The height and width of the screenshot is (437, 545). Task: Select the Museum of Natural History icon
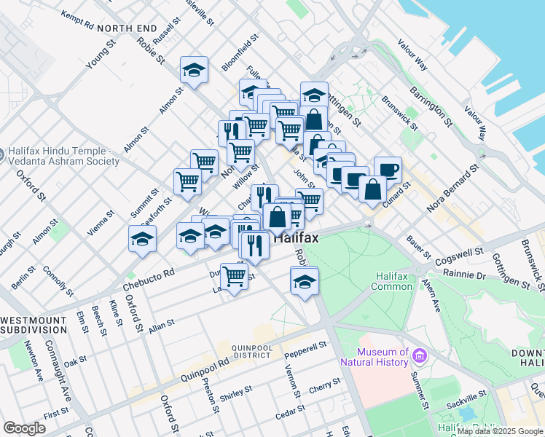(419, 355)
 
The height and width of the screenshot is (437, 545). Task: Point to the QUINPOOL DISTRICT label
(252, 353)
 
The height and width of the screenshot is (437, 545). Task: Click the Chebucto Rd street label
(149, 280)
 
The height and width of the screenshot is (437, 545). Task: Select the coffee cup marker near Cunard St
(388, 169)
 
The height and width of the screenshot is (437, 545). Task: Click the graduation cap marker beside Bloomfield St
(194, 70)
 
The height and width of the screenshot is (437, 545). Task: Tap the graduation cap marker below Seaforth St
(142, 238)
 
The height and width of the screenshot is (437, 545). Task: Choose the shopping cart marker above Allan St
(234, 276)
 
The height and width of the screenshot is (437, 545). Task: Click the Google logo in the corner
(24, 428)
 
